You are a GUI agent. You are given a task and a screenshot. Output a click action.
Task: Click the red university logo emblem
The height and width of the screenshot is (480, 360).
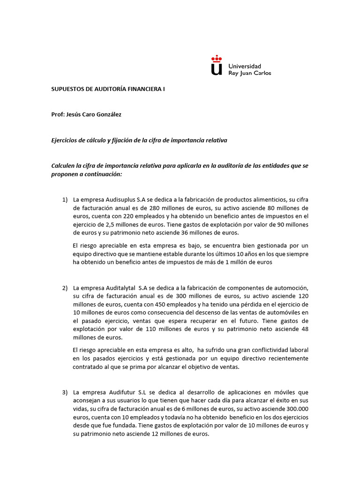tap(216, 66)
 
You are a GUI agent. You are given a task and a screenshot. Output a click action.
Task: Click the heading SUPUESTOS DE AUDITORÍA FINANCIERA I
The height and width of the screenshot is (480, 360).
tap(108, 88)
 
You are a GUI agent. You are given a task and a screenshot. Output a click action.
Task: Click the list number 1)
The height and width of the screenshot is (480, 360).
tap(65, 200)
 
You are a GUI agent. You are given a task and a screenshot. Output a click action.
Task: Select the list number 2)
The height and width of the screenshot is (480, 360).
tap(65, 287)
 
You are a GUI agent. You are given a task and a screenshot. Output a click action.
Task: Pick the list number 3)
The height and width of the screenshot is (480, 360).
tap(65, 392)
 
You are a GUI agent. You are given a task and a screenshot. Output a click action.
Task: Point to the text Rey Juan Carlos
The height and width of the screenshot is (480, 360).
tap(249, 73)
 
